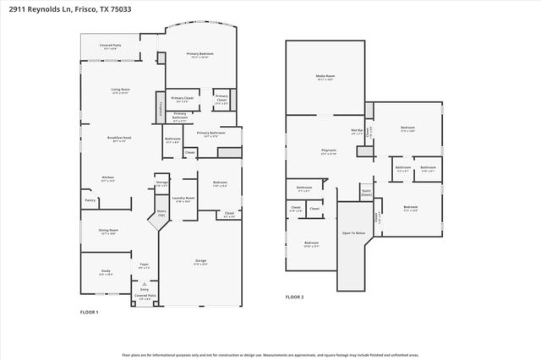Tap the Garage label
click(x=200, y=261)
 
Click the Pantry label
click(x=90, y=200)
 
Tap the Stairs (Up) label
click(x=161, y=214)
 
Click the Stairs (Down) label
click(x=366, y=192)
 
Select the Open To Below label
click(x=353, y=232)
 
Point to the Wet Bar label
click(x=357, y=131)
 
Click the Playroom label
click(x=329, y=151)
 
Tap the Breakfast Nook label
click(x=118, y=139)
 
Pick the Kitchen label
click(x=108, y=177)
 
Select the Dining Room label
click(x=108, y=231)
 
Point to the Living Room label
click(x=120, y=90)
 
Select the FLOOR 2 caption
click(x=294, y=297)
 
